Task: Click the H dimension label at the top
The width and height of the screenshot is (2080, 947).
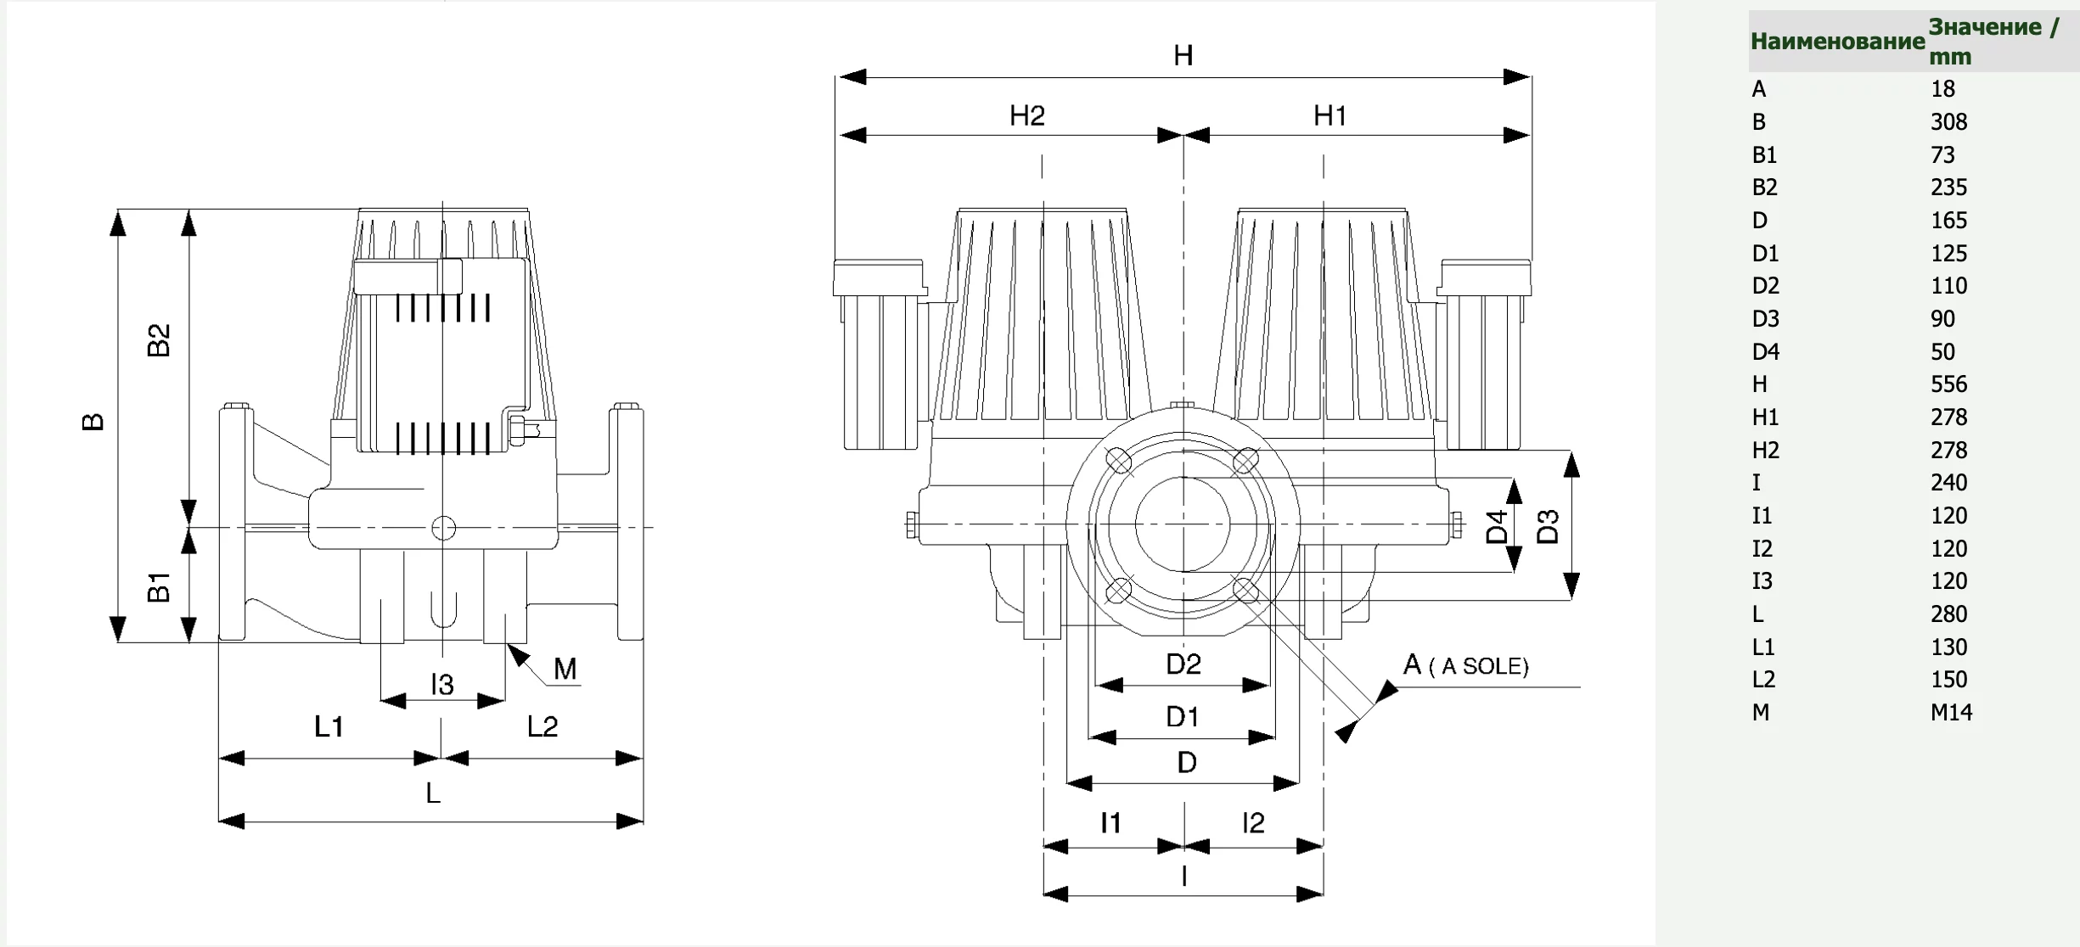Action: [x=1183, y=56]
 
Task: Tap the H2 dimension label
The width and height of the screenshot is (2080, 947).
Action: [x=1026, y=115]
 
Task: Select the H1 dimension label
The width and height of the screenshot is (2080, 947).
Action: [x=1330, y=115]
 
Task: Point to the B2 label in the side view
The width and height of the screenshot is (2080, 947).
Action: [x=159, y=340]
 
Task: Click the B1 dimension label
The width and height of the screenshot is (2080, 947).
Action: [x=159, y=587]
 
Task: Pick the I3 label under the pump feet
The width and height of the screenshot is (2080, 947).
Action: [x=442, y=684]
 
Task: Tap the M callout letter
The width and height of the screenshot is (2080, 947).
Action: [x=565, y=669]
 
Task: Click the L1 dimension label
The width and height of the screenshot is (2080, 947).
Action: [x=329, y=726]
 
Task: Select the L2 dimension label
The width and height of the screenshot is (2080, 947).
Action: [x=542, y=726]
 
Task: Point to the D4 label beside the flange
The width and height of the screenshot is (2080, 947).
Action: [x=1497, y=526]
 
